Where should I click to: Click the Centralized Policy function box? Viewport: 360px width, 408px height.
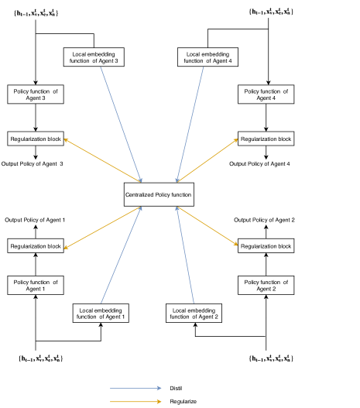point(159,194)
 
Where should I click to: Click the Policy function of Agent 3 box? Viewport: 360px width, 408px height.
point(36,94)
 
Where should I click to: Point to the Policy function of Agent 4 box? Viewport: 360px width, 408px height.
point(266,94)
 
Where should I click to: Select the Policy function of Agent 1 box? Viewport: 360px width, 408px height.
point(36,284)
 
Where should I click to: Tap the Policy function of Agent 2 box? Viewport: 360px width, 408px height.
point(266,284)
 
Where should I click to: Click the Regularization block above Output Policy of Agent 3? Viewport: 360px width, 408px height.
point(36,139)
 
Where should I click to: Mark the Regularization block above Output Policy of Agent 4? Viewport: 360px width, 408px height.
point(266,139)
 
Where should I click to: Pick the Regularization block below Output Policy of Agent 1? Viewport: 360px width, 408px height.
point(36,245)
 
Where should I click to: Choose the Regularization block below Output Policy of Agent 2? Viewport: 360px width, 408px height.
point(266,245)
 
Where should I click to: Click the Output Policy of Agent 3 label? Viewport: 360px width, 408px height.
point(33,163)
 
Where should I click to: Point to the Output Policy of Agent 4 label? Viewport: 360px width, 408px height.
point(263,163)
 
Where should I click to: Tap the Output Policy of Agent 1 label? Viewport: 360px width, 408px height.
point(35,221)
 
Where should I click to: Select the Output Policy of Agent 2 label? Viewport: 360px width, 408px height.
point(266,221)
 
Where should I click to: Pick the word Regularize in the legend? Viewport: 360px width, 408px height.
point(182,401)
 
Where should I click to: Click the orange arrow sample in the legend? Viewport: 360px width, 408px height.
point(133,401)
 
